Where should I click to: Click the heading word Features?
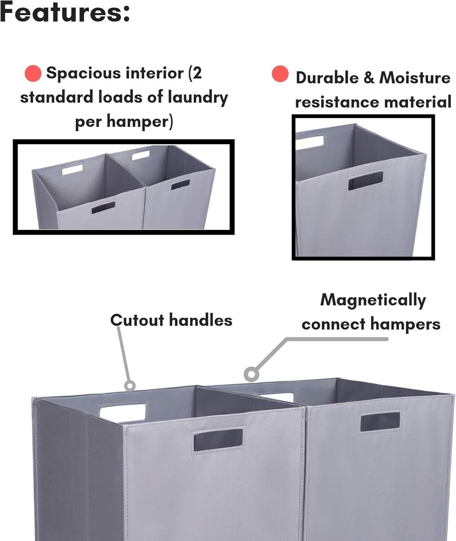pos(65,12)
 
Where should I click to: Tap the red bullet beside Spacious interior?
pos(33,74)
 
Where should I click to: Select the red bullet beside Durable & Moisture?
pos(280,74)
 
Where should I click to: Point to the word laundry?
pos(198,98)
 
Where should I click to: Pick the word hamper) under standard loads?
pos(140,122)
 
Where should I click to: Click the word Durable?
pos(327,78)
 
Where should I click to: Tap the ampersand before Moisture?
pos(369,78)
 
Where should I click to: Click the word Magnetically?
pos(373,301)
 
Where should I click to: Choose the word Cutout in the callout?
pos(137,320)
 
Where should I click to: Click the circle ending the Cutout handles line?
pos(130,386)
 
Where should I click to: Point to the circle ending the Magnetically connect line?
pos(251,374)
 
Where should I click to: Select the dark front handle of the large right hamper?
pos(380,422)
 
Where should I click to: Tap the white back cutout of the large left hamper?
pos(123,413)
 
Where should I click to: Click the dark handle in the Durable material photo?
pos(366,181)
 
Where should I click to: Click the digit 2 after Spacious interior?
pos(197,73)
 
